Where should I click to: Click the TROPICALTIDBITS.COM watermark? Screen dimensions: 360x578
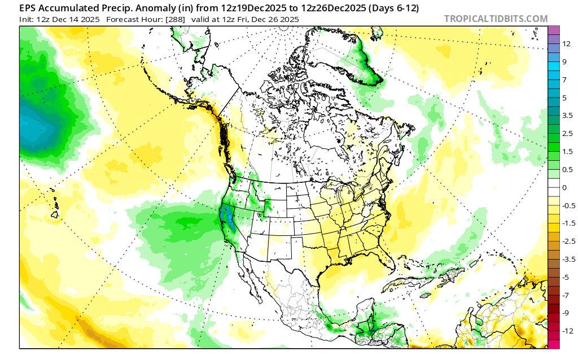click(x=496, y=19)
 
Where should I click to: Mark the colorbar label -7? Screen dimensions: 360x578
click(x=566, y=295)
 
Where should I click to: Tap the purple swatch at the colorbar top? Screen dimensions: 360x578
click(x=554, y=30)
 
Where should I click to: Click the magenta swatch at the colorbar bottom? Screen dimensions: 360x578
click(x=554, y=344)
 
